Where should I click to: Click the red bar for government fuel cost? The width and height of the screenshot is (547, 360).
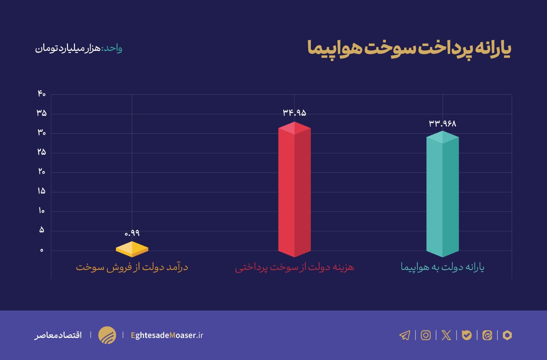(x=294, y=190)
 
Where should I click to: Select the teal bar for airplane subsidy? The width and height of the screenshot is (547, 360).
(x=442, y=195)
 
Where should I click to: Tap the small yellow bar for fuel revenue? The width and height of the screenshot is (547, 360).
(x=132, y=249)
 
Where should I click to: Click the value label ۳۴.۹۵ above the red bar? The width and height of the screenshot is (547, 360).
(x=294, y=113)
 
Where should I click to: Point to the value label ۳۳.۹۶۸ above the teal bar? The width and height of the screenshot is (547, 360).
(x=442, y=123)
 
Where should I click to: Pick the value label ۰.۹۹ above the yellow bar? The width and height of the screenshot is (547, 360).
(x=132, y=233)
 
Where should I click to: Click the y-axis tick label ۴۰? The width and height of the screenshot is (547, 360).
(x=41, y=94)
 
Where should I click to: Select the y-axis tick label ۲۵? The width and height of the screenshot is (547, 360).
(x=41, y=152)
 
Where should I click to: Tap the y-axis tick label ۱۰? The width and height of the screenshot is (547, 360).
(x=41, y=211)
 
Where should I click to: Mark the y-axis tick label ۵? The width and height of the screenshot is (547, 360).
(x=41, y=230)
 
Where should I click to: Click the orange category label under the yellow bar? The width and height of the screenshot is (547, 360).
(x=132, y=267)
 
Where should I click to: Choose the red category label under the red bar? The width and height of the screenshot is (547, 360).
(x=294, y=267)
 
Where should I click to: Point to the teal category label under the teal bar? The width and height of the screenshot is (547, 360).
(x=442, y=267)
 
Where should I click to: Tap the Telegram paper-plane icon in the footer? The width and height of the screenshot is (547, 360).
(x=405, y=335)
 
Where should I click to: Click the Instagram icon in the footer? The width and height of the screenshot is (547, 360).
(x=426, y=335)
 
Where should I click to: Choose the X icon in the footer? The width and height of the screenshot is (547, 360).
(x=446, y=335)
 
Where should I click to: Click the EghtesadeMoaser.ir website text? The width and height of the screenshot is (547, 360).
(x=167, y=335)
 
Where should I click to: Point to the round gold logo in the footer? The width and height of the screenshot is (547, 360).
(x=107, y=335)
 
